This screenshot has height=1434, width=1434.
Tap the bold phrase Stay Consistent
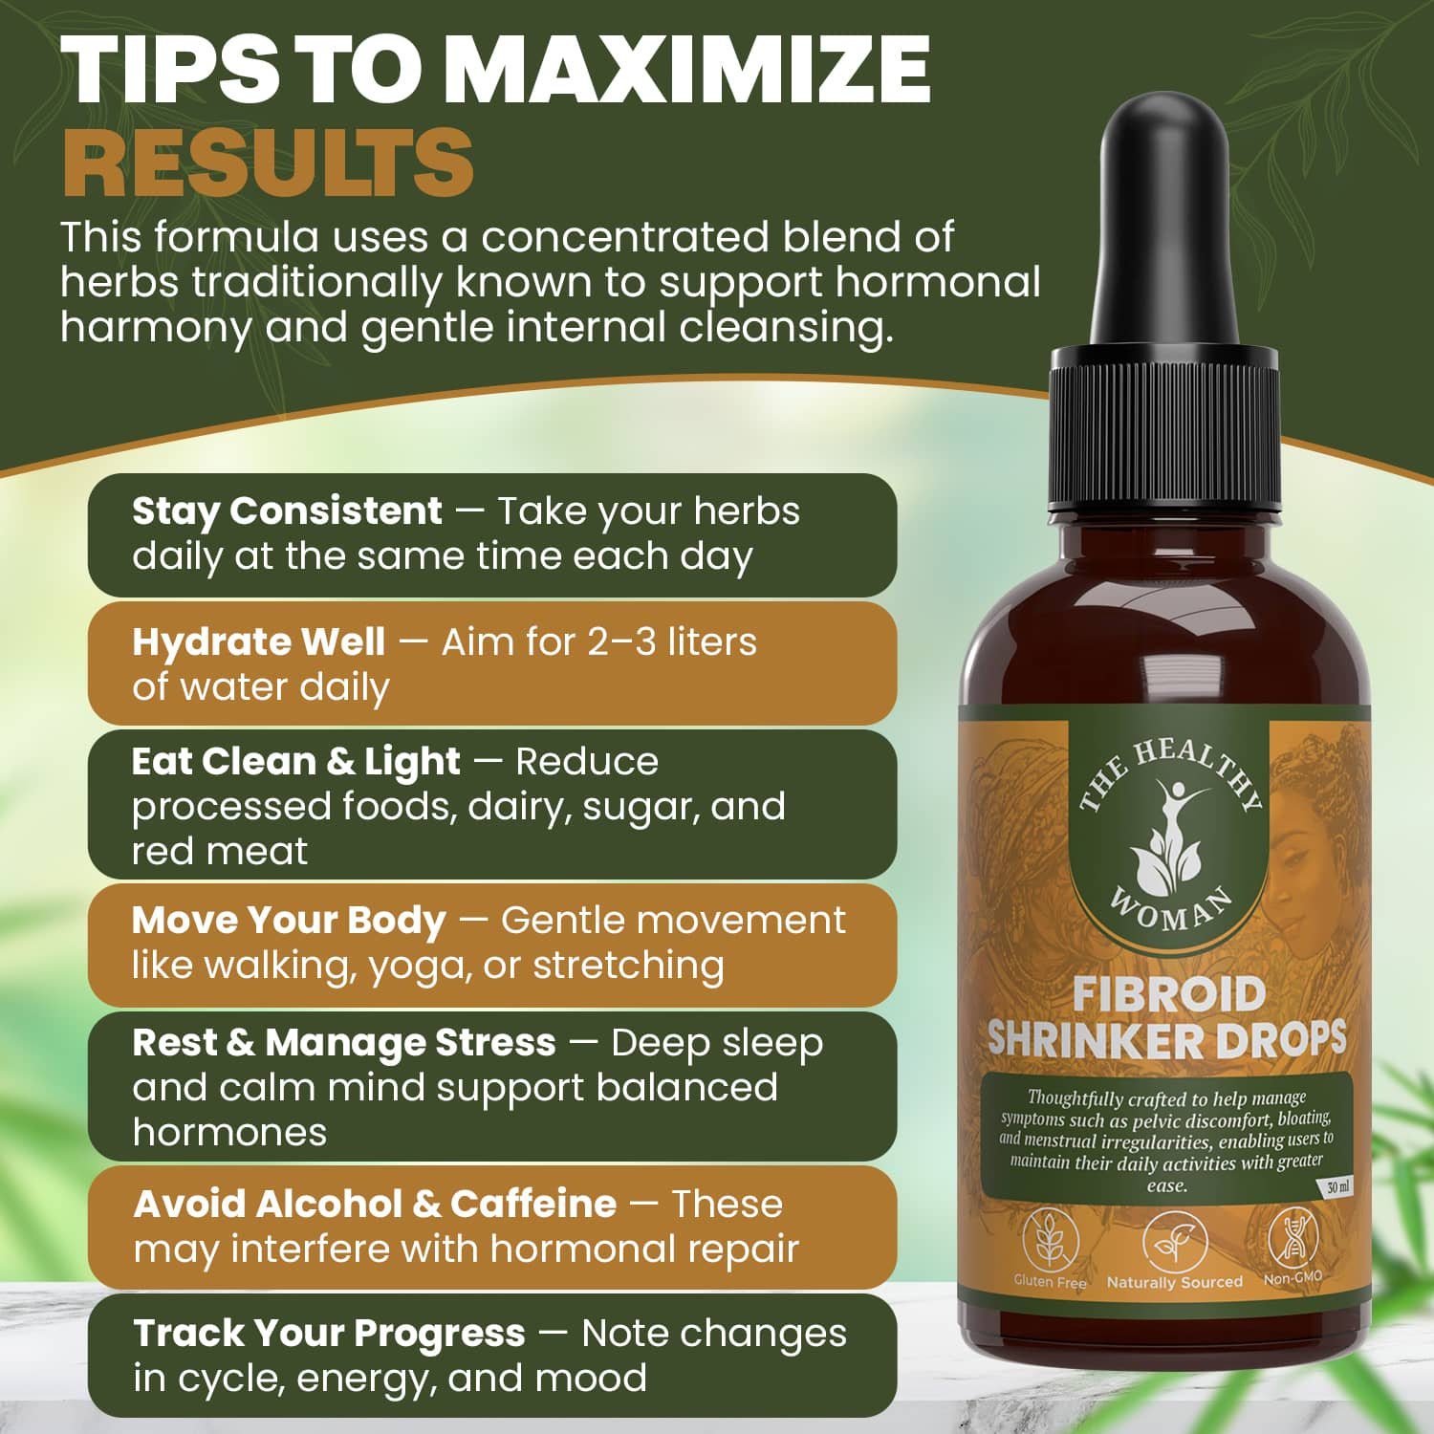click(x=287, y=511)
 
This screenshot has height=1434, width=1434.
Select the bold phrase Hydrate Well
click(x=258, y=641)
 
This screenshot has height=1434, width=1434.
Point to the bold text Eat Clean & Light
click(x=296, y=762)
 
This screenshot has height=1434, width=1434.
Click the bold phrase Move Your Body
click(x=289, y=921)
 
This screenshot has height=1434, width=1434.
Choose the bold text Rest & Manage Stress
click(x=344, y=1042)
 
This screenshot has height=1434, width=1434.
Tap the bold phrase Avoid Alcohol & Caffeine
click(x=375, y=1205)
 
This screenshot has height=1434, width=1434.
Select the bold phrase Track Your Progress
click(x=329, y=1334)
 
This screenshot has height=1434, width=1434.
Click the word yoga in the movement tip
click(x=418, y=967)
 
